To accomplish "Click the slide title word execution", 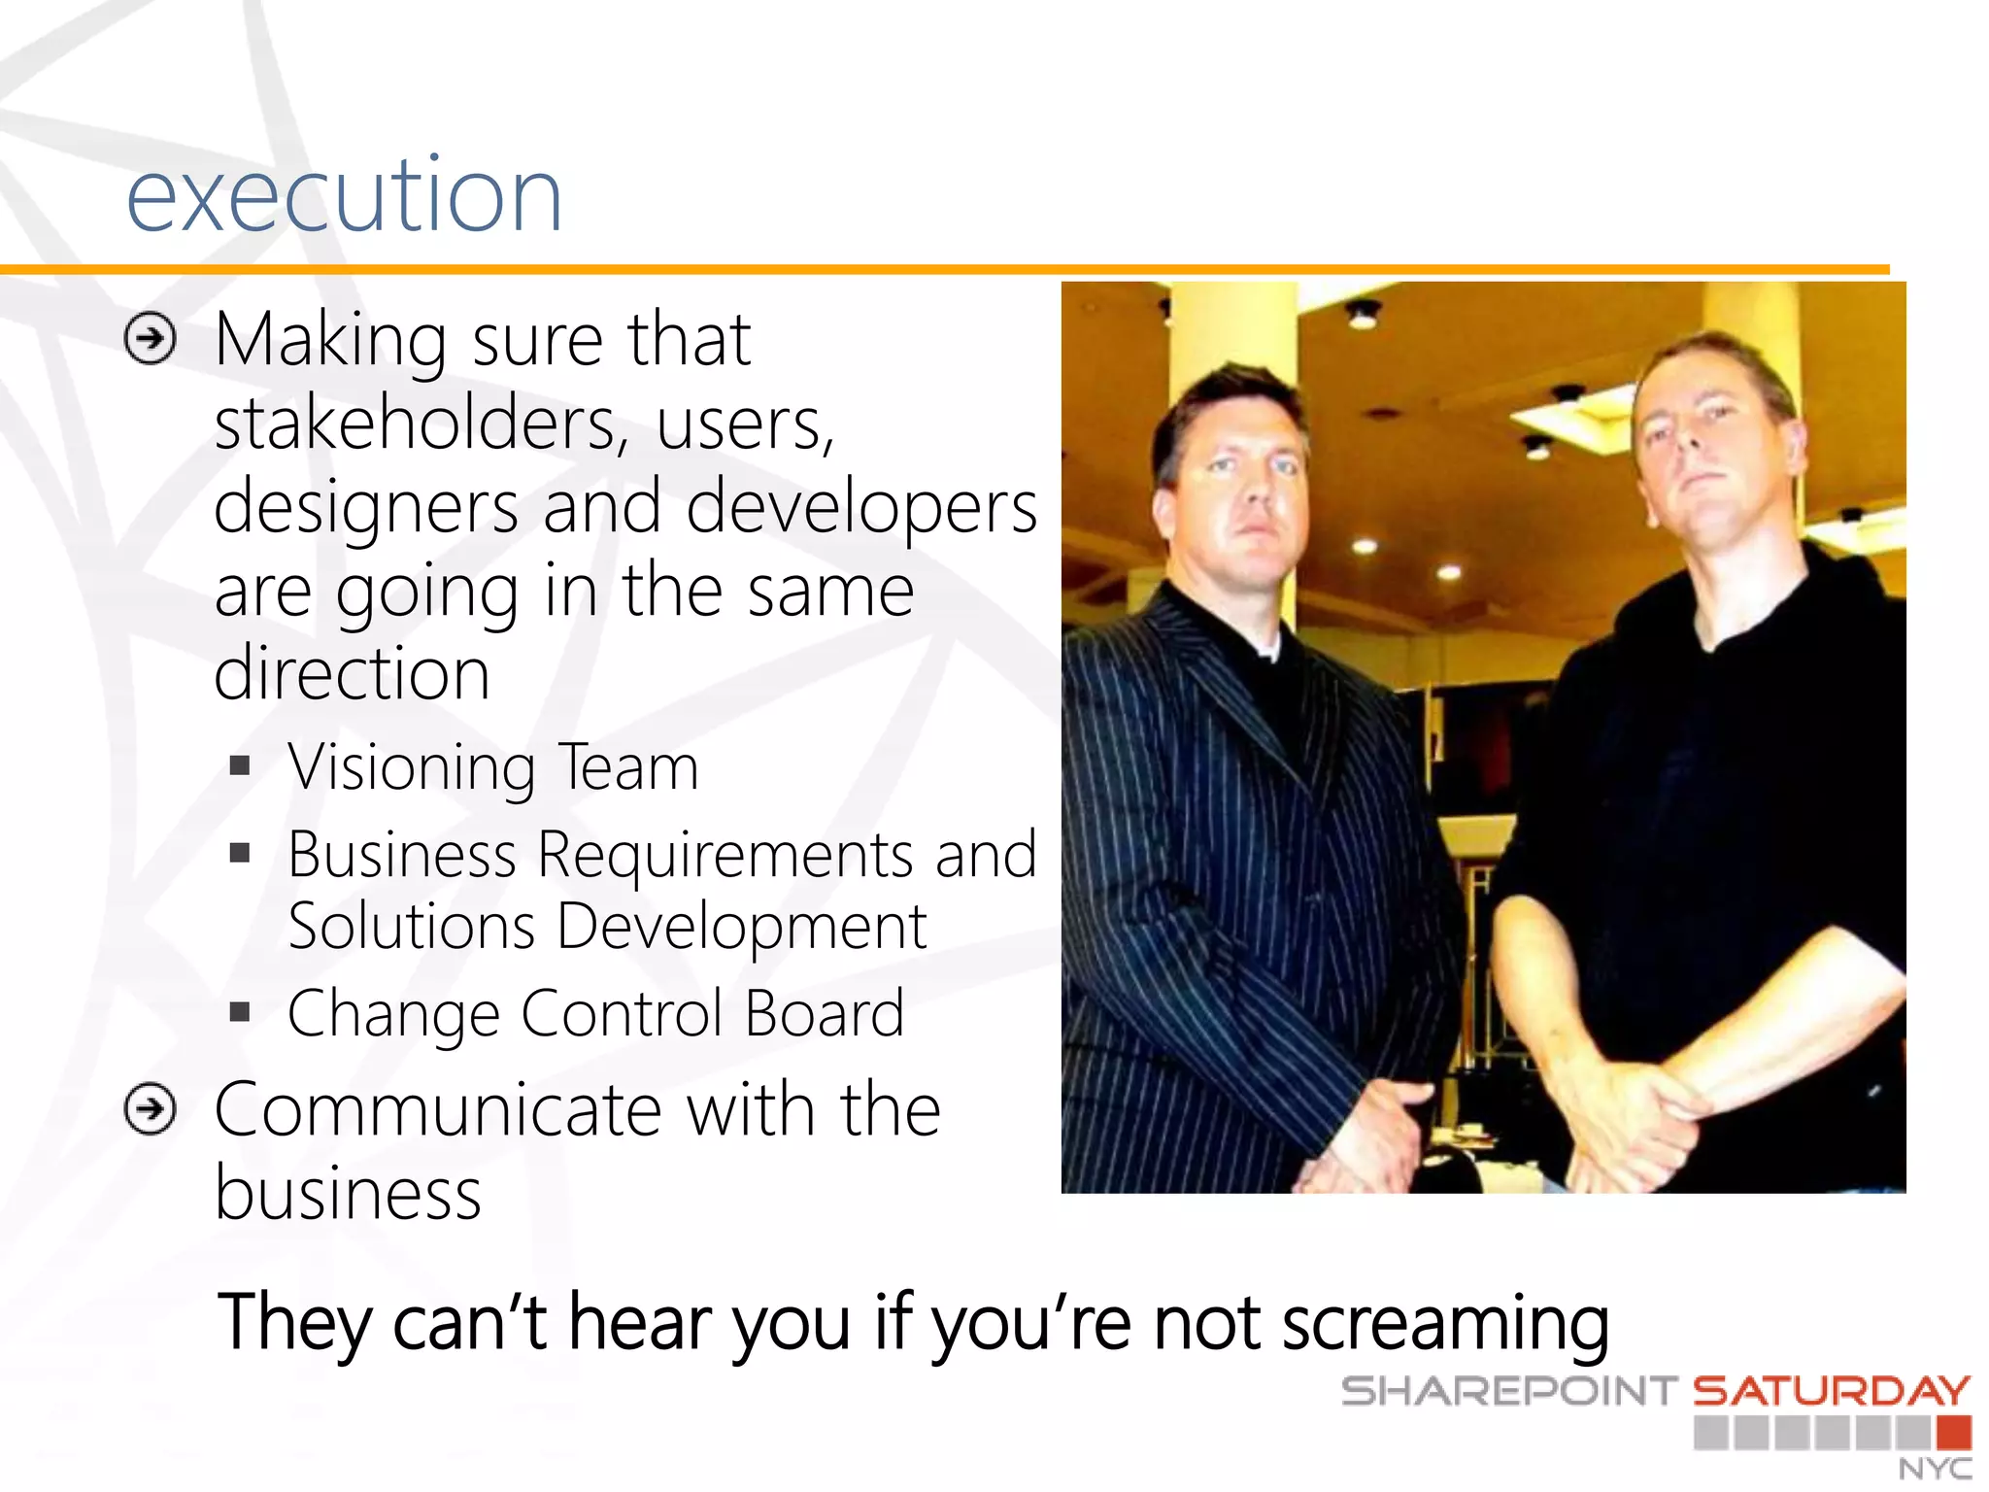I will (x=344, y=197).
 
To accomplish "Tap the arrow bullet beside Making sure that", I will (x=151, y=339).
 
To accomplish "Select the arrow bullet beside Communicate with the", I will (x=151, y=1109).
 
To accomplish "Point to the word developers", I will (x=861, y=507).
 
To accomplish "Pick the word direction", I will (x=352, y=673).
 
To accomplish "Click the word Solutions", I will (x=412, y=927).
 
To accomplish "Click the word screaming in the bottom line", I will (x=1445, y=1324).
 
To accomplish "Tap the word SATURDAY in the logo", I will (x=1832, y=1391).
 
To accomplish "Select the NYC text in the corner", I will (x=1935, y=1468).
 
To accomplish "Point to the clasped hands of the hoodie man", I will (x=1641, y=1117).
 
